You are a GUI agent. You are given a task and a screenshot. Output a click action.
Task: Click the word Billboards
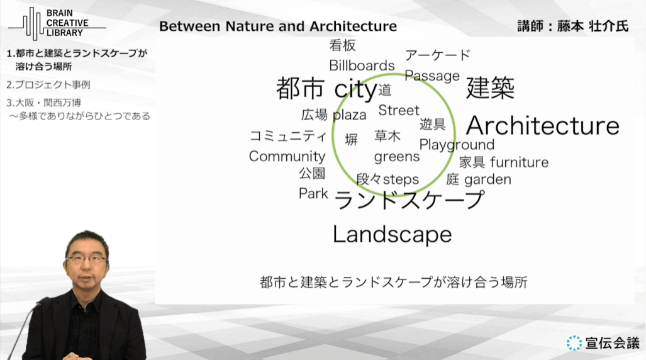tap(362, 65)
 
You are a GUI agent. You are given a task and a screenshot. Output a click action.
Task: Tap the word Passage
tap(432, 76)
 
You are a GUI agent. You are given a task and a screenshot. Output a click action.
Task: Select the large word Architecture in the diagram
tap(543, 126)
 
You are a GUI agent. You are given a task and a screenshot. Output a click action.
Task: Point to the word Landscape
tap(393, 234)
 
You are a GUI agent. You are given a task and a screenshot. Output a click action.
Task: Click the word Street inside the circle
tap(399, 110)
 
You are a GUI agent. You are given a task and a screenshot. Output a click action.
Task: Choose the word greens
tap(397, 157)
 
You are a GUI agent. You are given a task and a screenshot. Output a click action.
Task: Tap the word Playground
tap(457, 145)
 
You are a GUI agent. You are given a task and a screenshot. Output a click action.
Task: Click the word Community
tap(287, 156)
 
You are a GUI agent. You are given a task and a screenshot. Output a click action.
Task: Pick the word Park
tap(313, 193)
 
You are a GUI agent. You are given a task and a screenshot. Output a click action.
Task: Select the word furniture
tap(519, 162)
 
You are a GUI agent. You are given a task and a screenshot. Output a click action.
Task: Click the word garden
tap(487, 180)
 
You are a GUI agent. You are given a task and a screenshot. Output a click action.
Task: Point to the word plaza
tap(349, 115)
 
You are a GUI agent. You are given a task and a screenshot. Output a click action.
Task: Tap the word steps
tap(401, 180)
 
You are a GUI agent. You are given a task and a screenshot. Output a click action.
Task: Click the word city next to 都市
tap(355, 89)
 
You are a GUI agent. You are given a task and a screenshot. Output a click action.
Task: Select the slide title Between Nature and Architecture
tap(278, 26)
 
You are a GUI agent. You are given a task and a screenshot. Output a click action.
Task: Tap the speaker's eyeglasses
tap(86, 259)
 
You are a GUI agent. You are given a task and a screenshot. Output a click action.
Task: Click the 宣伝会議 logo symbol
tap(574, 342)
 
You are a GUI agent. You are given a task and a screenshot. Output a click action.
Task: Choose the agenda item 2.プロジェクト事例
tap(48, 84)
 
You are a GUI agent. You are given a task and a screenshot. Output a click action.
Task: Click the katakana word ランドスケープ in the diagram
tap(409, 200)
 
